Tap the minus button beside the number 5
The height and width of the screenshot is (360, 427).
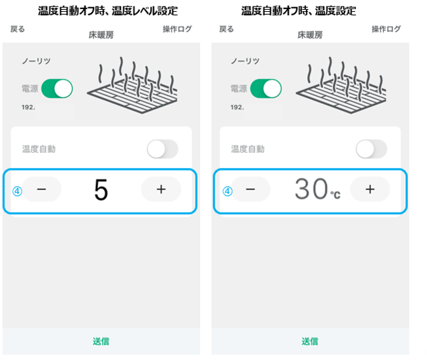click(42, 189)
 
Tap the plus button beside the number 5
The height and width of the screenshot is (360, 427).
click(161, 189)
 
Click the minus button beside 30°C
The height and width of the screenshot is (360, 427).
click(250, 189)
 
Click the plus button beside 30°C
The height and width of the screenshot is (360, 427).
click(370, 189)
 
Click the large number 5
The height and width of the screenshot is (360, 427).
click(101, 189)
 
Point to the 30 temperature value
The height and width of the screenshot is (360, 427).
click(311, 189)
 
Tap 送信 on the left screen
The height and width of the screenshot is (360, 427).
click(101, 341)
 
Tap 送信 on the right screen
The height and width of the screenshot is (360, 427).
click(310, 341)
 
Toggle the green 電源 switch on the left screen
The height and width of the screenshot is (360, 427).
click(57, 89)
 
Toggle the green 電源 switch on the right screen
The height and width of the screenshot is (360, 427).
click(266, 89)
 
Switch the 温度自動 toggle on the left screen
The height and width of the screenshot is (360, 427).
click(163, 149)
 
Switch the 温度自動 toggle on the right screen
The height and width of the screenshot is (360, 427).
click(371, 149)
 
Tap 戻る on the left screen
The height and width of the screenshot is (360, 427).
click(18, 29)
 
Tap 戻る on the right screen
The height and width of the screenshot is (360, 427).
click(226, 29)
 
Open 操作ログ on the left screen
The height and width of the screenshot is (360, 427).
click(177, 29)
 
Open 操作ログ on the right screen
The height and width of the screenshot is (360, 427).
click(386, 29)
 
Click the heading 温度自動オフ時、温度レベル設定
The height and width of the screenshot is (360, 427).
click(108, 11)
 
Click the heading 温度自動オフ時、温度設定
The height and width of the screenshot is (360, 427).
click(299, 11)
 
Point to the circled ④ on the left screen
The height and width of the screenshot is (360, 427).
click(18, 191)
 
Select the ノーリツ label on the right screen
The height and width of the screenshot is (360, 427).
click(245, 61)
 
